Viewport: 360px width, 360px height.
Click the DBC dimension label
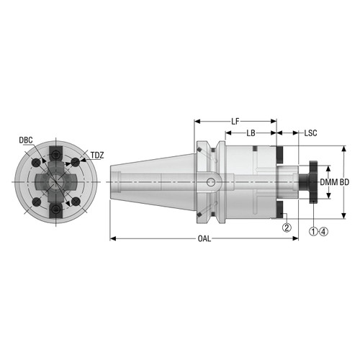(x=26, y=140)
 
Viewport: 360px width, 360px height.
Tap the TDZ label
(x=97, y=156)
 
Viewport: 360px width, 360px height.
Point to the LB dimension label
(x=251, y=134)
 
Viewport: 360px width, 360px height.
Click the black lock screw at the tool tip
(x=314, y=182)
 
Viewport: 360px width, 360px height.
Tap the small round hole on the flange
(x=211, y=182)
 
